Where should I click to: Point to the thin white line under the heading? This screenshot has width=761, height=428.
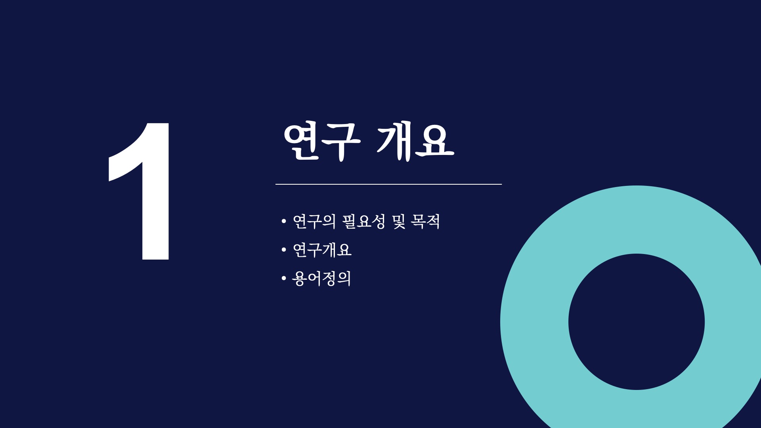pyautogui.click(x=388, y=184)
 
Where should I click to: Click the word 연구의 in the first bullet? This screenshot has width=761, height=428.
pyautogui.click(x=314, y=221)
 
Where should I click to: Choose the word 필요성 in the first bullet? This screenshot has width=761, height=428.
pyautogui.click(x=364, y=221)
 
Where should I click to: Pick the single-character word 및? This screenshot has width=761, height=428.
pyautogui.click(x=399, y=221)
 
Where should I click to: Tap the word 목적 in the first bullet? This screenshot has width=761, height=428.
pyautogui.click(x=426, y=221)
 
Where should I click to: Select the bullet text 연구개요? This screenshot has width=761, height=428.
pyautogui.click(x=322, y=250)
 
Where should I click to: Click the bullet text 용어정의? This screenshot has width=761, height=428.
pyautogui.click(x=321, y=279)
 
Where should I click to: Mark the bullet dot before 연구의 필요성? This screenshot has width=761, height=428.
pyautogui.click(x=283, y=221)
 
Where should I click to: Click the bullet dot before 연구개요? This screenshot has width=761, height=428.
pyautogui.click(x=283, y=250)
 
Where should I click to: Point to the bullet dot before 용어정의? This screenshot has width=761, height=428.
pyautogui.click(x=283, y=279)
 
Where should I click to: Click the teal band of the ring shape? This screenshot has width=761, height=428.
pyautogui.click(x=534, y=322)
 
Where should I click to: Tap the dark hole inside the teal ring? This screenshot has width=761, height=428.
pyautogui.click(x=637, y=322)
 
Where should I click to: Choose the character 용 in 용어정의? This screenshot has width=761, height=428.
pyautogui.click(x=299, y=279)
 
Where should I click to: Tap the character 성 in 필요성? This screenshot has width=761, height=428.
pyautogui.click(x=379, y=221)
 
